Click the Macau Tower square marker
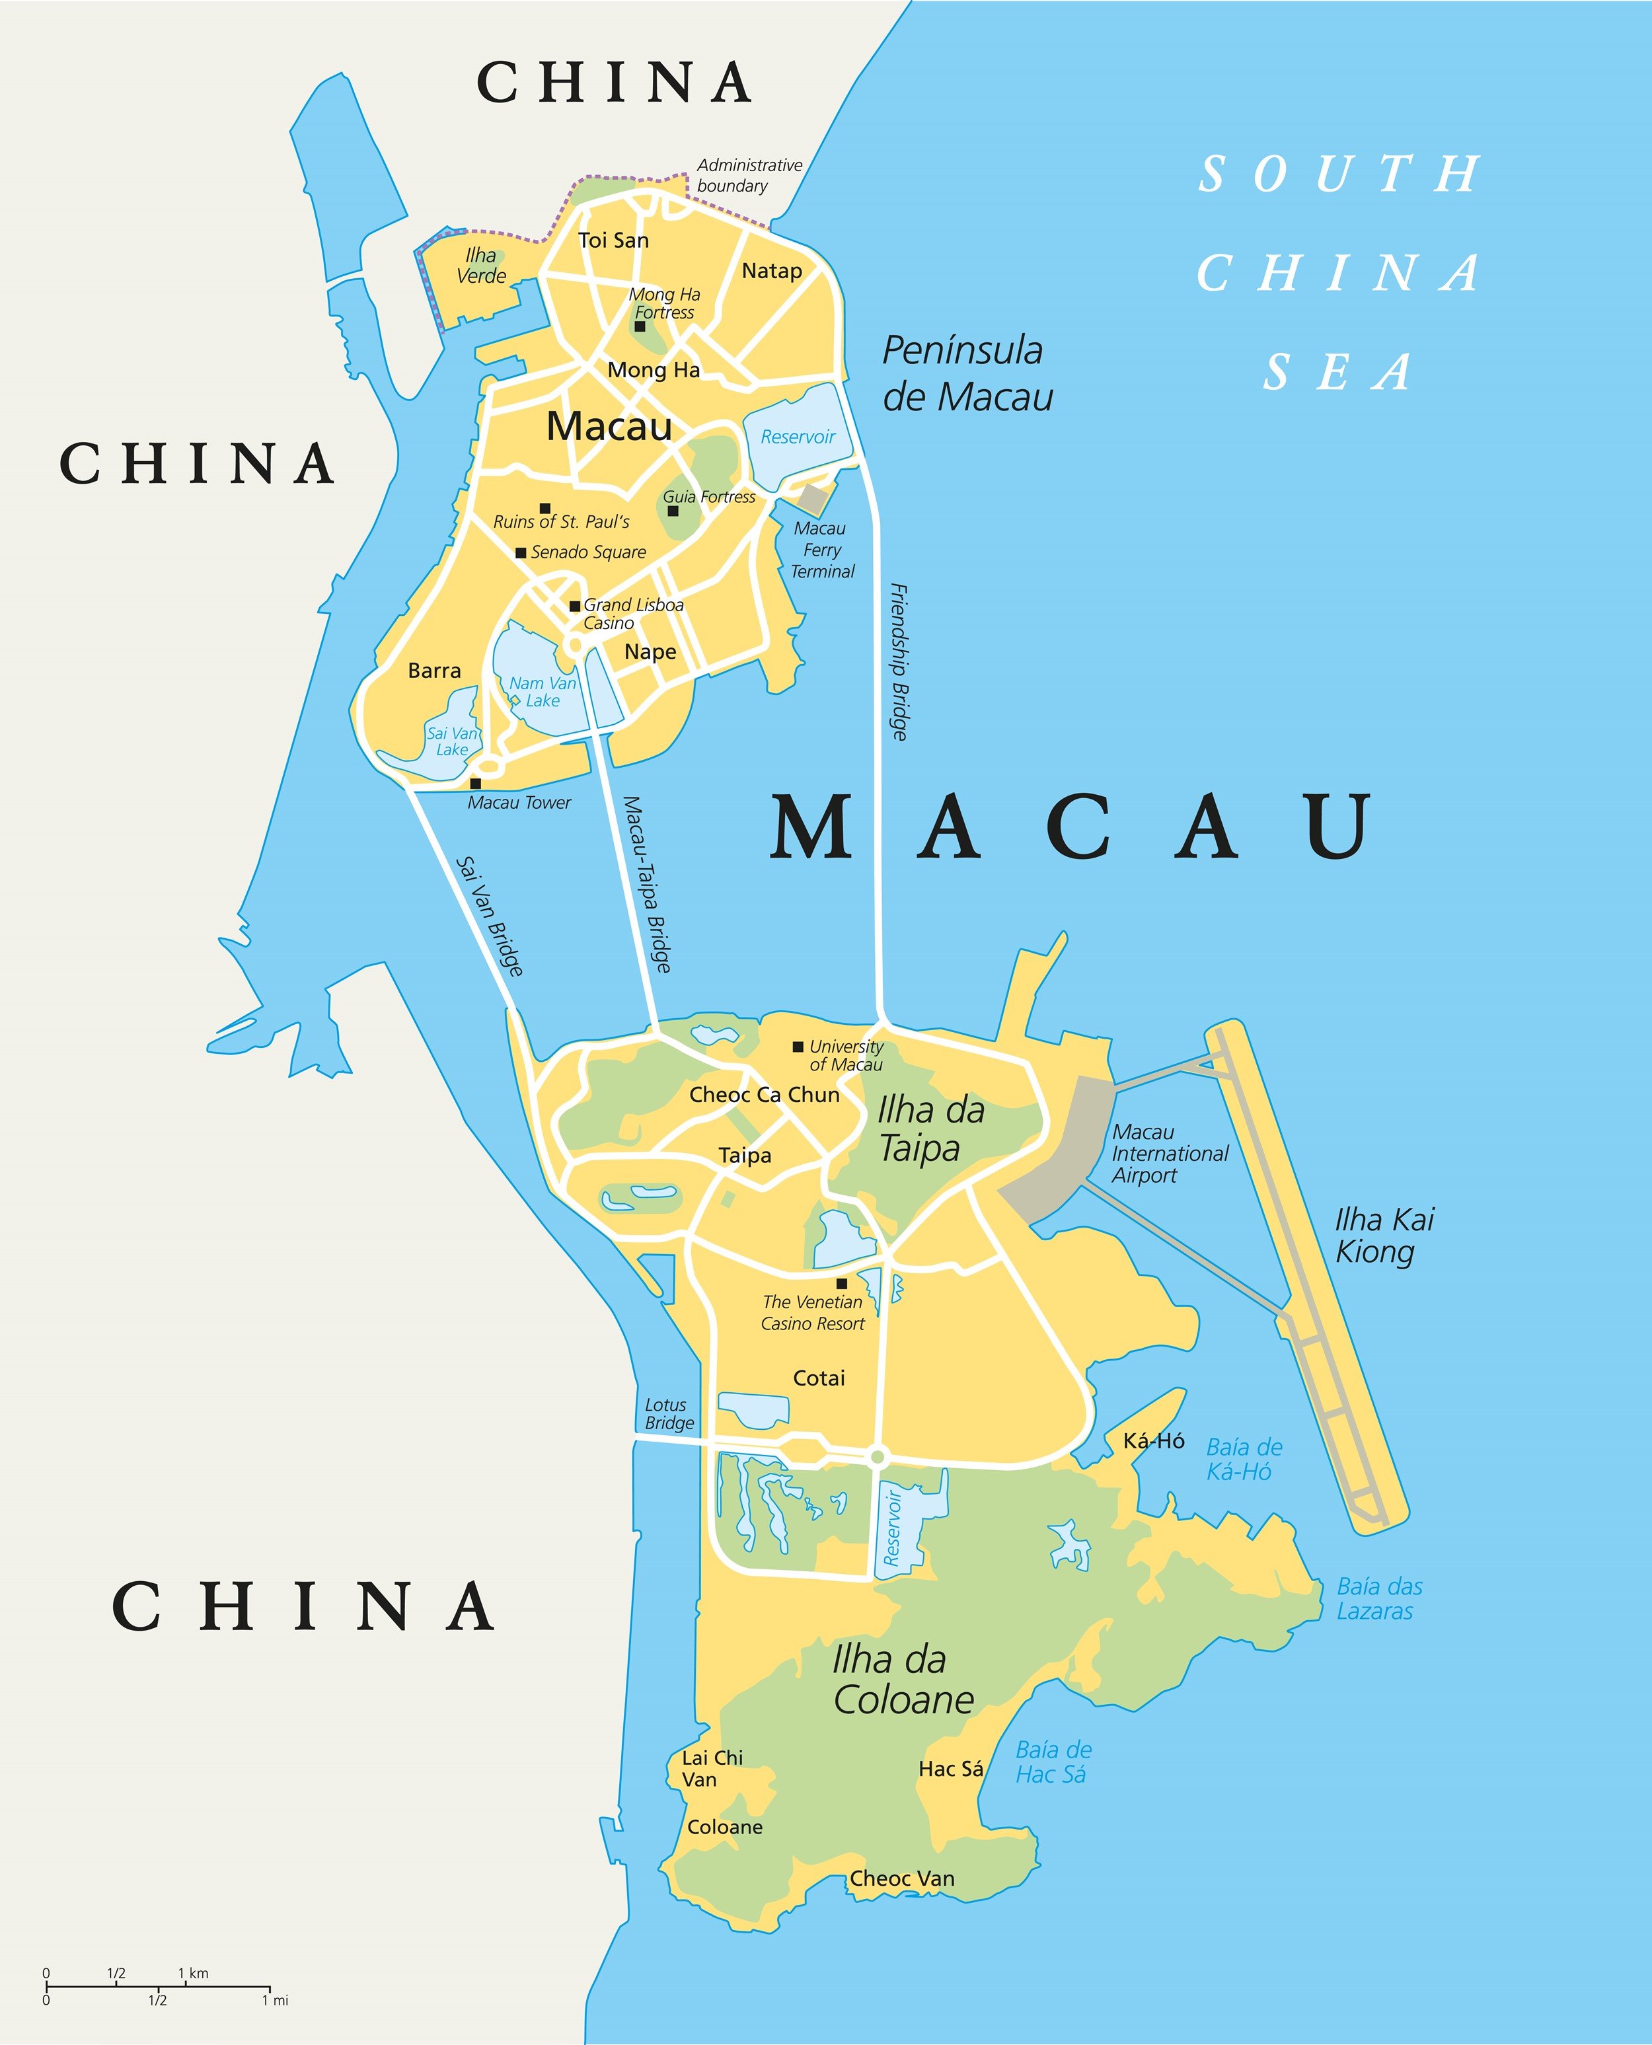tap(476, 783)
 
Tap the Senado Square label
tap(588, 552)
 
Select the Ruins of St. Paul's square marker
tap(545, 508)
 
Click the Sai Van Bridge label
tap(490, 915)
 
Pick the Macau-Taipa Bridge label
tap(647, 884)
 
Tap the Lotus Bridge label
tap(669, 1413)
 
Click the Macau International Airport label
tap(1170, 1154)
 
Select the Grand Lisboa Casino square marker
tap(575, 606)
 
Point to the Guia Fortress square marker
tap(673, 511)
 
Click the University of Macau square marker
tap(798, 1047)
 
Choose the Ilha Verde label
tap(482, 266)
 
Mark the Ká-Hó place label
tap(1153, 1440)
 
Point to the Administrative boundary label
tap(749, 175)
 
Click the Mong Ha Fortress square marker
tap(640, 326)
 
